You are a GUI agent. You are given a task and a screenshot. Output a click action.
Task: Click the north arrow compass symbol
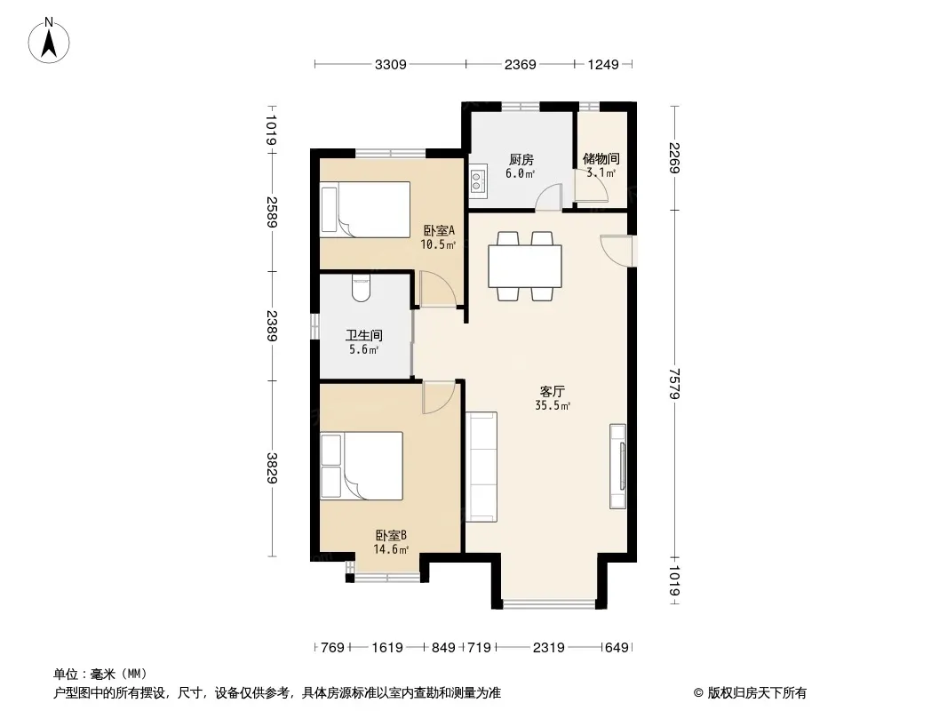coord(49,41)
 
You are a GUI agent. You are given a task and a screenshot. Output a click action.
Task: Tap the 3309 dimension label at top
coord(390,64)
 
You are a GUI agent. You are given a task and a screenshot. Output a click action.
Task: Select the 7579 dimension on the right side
coord(675,384)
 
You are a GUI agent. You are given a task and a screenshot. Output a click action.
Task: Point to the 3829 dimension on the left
coord(273,467)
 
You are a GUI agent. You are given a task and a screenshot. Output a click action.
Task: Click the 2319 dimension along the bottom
coord(548,648)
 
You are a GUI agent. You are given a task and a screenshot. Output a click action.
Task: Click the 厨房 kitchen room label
coord(521,159)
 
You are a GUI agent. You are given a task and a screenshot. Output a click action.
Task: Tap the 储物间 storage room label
coord(601,159)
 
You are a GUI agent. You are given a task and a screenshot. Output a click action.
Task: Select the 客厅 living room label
coord(552,391)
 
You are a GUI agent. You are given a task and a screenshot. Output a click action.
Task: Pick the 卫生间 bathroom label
coord(364,335)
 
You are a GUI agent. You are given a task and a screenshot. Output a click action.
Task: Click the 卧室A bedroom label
coord(439,231)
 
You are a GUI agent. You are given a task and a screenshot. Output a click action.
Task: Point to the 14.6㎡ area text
coord(391,549)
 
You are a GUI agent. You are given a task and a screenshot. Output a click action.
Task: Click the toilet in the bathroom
coord(362,288)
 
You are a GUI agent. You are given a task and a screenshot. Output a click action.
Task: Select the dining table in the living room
coord(525,266)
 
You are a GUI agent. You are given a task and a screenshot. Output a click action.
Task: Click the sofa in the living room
coord(481,467)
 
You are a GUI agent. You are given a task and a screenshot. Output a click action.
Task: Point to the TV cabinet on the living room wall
coord(617,466)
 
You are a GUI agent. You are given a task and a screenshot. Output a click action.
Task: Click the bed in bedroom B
coord(362,466)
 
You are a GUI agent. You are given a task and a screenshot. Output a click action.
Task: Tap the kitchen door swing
coord(549,197)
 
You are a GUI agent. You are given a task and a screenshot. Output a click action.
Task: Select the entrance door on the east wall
coord(617,250)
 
